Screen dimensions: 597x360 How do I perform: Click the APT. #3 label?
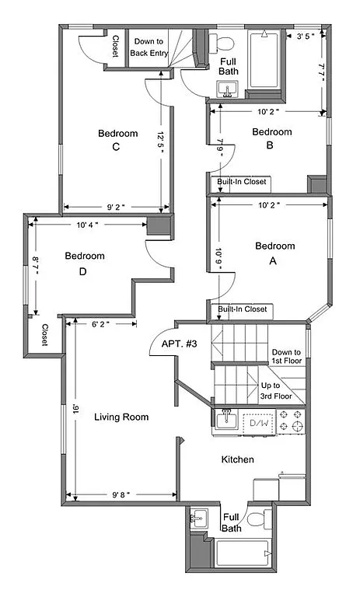point(179,344)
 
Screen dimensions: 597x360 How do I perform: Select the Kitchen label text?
point(237,459)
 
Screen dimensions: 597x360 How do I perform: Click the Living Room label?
point(121,417)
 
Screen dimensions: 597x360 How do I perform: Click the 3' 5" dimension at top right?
point(302,35)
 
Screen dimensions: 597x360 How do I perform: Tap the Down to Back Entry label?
point(149,47)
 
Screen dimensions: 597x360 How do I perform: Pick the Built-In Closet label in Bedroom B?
point(242,182)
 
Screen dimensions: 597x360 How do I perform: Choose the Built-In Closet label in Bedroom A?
point(242,309)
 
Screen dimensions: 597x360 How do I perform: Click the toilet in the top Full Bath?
point(226,41)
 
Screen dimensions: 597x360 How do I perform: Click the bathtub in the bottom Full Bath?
point(243,554)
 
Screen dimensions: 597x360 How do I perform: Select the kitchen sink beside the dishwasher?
point(226,421)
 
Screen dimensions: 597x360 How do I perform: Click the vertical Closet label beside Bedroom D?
point(44,336)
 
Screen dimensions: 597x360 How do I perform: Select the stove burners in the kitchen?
point(289,424)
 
